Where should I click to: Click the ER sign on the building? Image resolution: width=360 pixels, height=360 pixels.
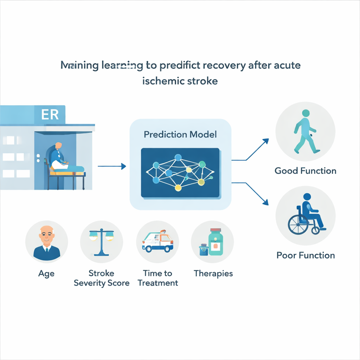[x=50, y=115]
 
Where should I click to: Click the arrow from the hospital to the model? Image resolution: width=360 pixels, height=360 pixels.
[x=111, y=166]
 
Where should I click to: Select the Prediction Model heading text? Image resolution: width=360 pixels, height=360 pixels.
[x=180, y=134]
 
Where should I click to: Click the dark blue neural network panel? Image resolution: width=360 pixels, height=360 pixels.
[x=180, y=172]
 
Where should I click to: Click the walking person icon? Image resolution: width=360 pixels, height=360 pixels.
[x=305, y=132]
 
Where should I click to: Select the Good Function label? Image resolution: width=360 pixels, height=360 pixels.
[x=305, y=171]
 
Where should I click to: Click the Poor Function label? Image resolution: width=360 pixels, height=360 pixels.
[x=305, y=255]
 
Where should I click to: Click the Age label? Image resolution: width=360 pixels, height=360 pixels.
[x=46, y=274]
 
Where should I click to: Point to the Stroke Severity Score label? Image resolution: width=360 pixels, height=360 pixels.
[x=102, y=278]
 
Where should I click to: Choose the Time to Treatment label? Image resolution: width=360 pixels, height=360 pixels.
[x=157, y=278]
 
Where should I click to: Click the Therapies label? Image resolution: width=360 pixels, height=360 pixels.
[x=213, y=274]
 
